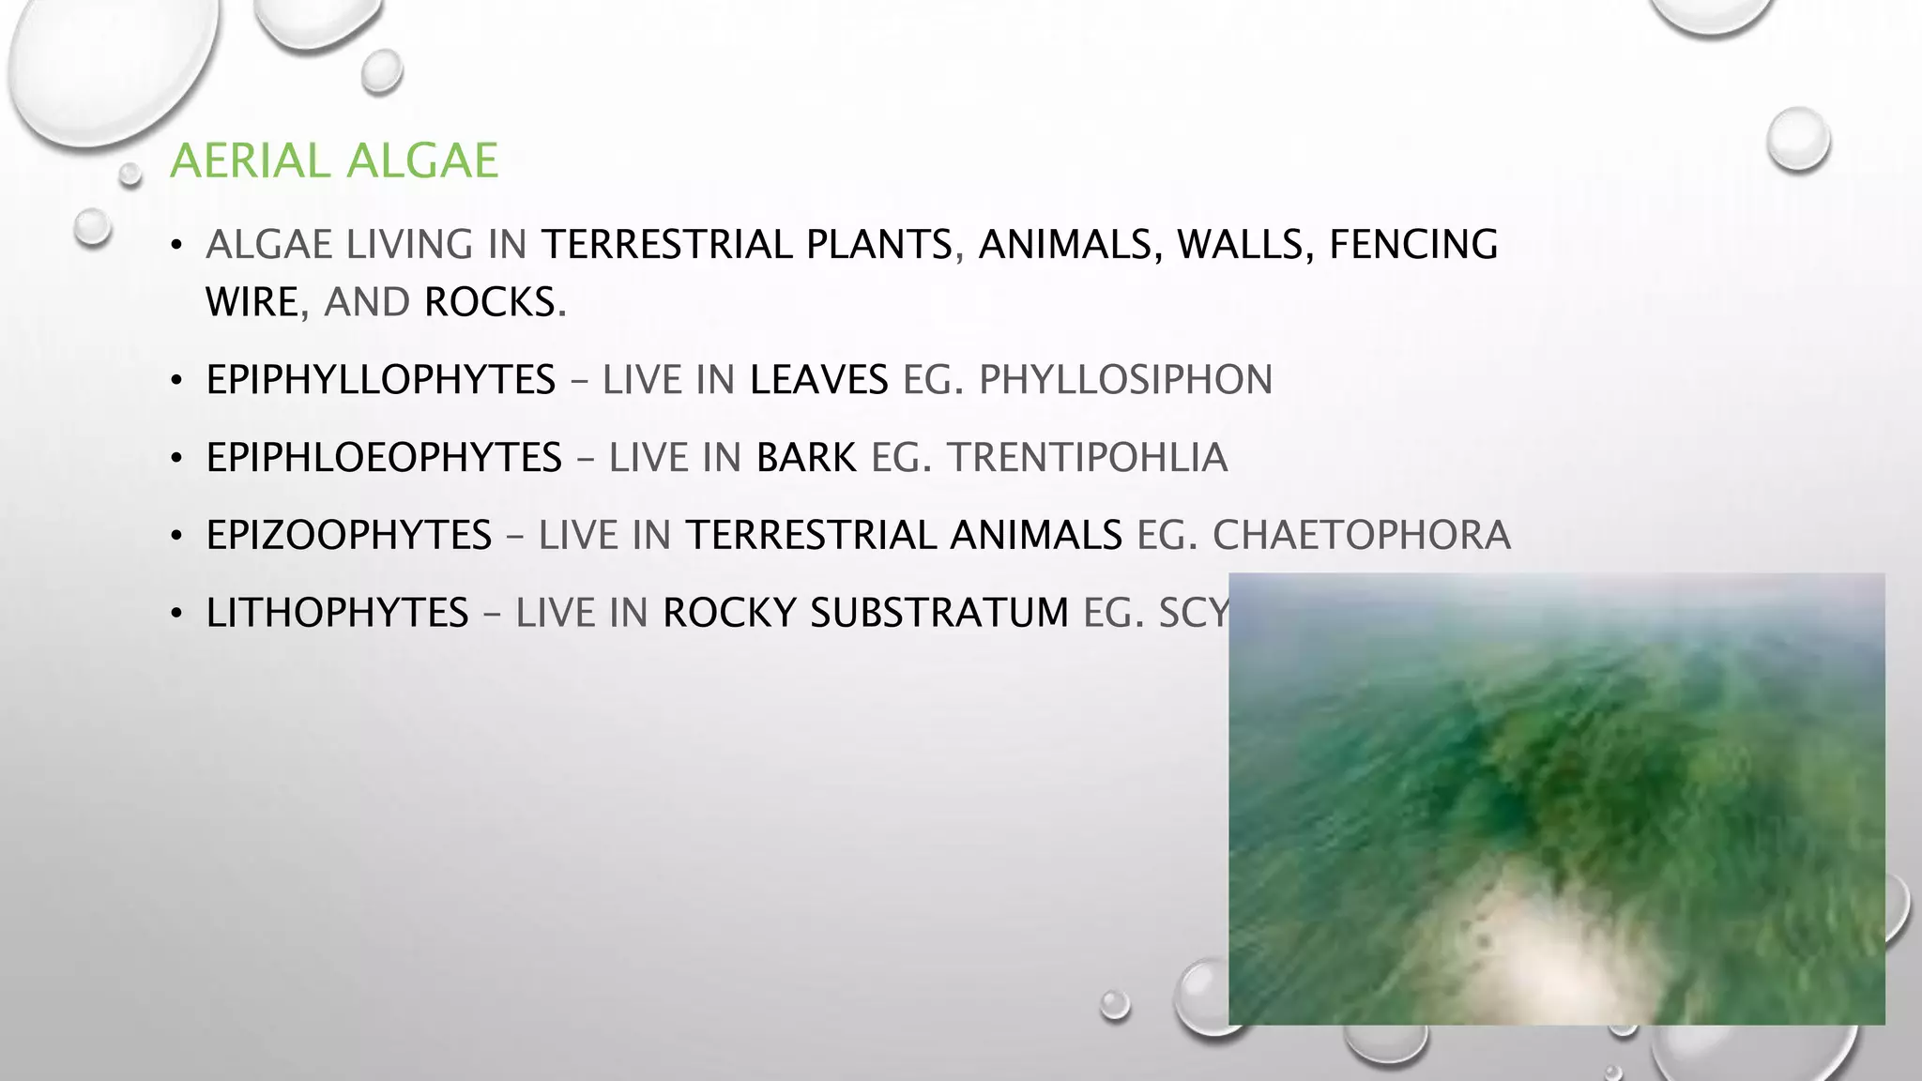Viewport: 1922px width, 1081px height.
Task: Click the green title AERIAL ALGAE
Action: (333, 160)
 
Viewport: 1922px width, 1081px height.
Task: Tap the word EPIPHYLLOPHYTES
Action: (380, 380)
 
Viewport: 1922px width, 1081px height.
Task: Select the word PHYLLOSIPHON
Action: (1125, 380)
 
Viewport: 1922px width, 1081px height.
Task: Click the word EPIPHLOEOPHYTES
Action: (384, 458)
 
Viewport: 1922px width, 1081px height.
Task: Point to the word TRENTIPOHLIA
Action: (1087, 458)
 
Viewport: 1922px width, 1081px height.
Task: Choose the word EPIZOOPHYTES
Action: (349, 535)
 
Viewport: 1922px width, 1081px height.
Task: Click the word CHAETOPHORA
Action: (1361, 535)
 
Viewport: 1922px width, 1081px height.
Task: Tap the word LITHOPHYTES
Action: (337, 613)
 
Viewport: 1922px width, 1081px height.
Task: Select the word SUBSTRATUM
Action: (938, 613)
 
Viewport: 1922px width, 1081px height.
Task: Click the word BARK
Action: (806, 458)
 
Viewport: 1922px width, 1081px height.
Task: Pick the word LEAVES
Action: (818, 380)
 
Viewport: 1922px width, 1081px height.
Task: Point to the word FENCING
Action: (1413, 244)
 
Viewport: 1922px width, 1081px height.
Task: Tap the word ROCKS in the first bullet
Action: (490, 303)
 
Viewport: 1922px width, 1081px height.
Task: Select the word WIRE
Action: (252, 303)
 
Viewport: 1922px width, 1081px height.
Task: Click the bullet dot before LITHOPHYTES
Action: (175, 615)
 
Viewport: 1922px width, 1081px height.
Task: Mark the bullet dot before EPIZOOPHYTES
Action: (175, 537)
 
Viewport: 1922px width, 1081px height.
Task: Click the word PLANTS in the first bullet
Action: (878, 244)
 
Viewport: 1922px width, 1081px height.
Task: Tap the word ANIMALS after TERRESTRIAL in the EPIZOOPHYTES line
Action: (1035, 535)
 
